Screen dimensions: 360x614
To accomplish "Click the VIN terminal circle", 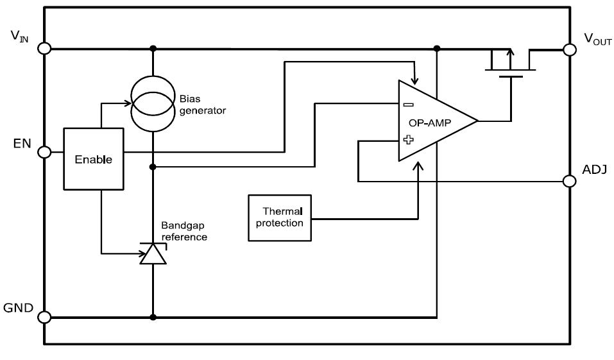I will point(44,48).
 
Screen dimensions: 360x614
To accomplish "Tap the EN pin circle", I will point(44,152).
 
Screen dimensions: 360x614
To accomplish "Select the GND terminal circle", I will point(44,317).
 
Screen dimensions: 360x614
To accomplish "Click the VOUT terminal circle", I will point(569,49).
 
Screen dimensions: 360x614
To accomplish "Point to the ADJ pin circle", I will point(569,181).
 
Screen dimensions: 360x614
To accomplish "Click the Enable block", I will point(93,159).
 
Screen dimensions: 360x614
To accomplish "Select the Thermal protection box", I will point(280,218).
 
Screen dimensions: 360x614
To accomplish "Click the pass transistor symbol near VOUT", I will point(511,65).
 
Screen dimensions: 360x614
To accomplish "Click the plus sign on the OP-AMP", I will point(408,139).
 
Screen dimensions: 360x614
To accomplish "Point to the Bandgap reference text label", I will point(184,232).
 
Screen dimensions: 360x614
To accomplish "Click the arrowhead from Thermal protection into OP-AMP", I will point(418,166).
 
